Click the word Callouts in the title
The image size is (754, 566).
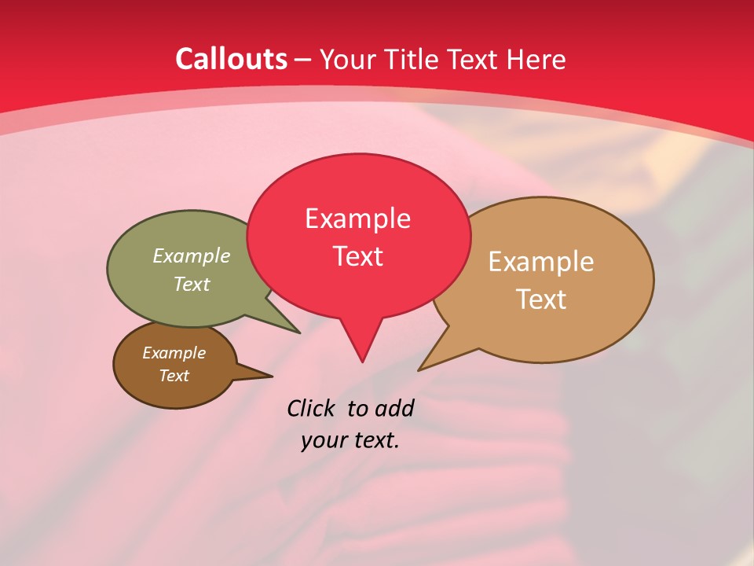coord(231,59)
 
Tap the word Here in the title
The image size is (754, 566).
coord(537,59)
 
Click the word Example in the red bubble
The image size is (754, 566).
coord(357,218)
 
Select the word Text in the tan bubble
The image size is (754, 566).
coord(541,299)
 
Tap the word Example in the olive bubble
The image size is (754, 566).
coord(191,255)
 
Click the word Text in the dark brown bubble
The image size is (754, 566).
coord(174,376)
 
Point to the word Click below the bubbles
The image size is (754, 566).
coord(310,408)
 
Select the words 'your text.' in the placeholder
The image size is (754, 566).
coord(350,440)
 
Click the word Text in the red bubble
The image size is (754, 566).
coord(358,256)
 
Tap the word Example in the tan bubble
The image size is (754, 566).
coord(541,261)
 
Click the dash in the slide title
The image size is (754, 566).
coord(304,60)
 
